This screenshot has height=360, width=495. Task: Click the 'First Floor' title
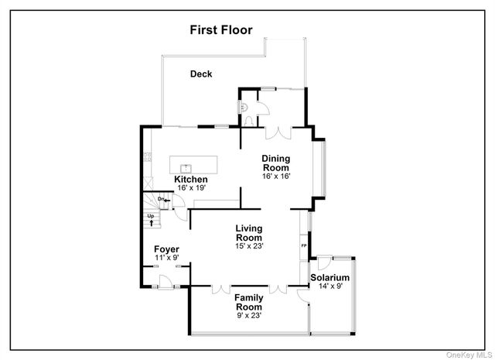(x=226, y=30)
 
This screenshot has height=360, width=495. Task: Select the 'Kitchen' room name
(x=190, y=180)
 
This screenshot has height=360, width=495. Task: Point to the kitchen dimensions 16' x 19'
(x=190, y=188)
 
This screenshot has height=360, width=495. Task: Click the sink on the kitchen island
(x=186, y=167)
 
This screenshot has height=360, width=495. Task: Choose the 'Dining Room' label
(x=275, y=163)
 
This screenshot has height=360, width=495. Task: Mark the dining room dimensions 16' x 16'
(x=275, y=177)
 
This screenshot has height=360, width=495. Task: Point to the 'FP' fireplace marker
(x=303, y=246)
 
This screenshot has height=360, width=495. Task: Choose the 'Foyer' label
(x=166, y=249)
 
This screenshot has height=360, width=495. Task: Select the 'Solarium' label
(x=330, y=277)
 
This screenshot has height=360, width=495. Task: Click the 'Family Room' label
(x=249, y=302)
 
